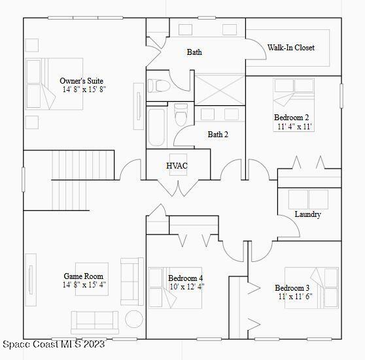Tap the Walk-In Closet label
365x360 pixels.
(x=290, y=48)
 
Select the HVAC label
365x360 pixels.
(x=177, y=166)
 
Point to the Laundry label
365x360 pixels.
(x=307, y=214)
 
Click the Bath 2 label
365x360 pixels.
(x=218, y=135)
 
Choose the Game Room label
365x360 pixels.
(x=83, y=276)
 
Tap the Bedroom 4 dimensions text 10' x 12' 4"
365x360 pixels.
(x=186, y=286)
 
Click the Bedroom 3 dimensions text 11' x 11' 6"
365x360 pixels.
(x=295, y=297)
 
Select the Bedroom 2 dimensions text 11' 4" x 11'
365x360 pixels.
(x=293, y=127)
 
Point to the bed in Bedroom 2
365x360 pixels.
(x=293, y=92)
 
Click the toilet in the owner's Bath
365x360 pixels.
(x=159, y=86)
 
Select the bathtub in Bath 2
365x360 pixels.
(x=158, y=127)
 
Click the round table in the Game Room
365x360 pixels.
(x=134, y=319)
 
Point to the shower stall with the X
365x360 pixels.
(x=219, y=89)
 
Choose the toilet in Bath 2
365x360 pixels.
(x=181, y=120)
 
